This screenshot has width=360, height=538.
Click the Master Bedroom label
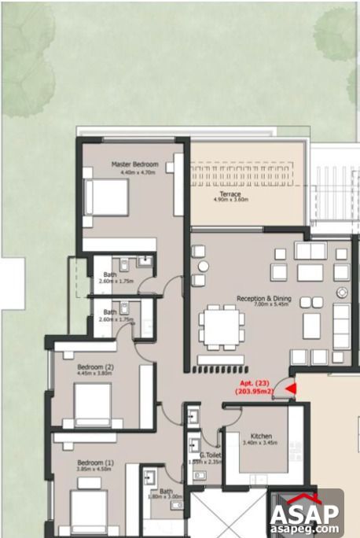[134, 164]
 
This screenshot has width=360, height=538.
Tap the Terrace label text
[230, 193]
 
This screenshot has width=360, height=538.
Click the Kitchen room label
[261, 436]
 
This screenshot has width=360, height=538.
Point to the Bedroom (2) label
[96, 367]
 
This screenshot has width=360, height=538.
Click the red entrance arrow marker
[289, 387]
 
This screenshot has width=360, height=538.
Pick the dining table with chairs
[221, 328]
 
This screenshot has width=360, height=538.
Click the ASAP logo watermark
[305, 514]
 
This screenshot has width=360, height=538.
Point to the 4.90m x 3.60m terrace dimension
[230, 201]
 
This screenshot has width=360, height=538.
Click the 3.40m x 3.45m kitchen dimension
[261, 444]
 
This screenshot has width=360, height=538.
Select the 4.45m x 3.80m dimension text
[96, 374]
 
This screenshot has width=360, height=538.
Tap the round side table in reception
[341, 293]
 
